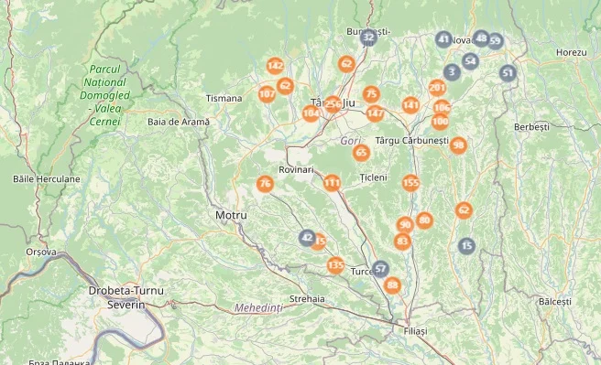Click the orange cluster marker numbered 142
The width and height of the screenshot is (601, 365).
[x=275, y=66]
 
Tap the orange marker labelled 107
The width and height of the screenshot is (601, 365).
[x=268, y=93]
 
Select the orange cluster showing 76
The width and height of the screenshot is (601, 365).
[x=265, y=184]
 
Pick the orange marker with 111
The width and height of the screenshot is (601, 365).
[x=332, y=183]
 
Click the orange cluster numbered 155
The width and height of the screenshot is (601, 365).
[x=410, y=183]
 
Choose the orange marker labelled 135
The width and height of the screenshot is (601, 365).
[x=335, y=265]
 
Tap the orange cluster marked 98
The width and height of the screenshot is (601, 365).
[x=458, y=145]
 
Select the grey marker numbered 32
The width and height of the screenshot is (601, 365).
[x=368, y=38]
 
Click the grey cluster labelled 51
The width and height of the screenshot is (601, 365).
[x=508, y=72]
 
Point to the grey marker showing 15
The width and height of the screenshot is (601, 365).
[x=467, y=245]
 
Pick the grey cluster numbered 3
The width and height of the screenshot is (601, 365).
[x=452, y=71]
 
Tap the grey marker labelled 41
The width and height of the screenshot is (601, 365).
[x=444, y=39]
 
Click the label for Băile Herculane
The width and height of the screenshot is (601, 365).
[x=47, y=178]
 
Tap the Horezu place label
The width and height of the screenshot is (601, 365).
[x=570, y=52]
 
